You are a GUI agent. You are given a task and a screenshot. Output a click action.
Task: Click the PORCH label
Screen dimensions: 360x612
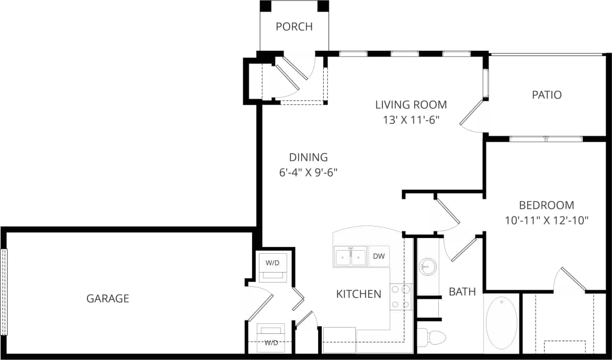tap(294, 27)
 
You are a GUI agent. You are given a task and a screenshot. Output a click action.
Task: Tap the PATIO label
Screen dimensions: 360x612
tap(547, 95)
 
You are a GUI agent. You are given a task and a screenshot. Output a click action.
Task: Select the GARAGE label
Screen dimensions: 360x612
tap(107, 299)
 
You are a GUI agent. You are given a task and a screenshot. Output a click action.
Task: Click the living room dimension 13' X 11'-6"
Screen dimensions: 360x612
tap(410, 120)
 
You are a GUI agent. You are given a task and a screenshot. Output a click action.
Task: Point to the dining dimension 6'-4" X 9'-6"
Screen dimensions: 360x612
tap(308, 172)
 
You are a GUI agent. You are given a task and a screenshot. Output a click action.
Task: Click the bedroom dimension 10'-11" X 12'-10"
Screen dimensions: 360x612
tap(547, 220)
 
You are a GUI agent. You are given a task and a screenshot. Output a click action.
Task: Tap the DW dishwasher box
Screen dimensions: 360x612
tap(379, 256)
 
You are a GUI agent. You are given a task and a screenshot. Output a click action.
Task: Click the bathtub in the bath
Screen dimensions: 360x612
tap(501, 323)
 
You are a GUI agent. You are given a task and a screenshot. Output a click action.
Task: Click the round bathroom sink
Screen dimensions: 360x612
tap(427, 267)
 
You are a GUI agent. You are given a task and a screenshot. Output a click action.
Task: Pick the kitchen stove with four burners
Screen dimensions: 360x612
tap(401, 297)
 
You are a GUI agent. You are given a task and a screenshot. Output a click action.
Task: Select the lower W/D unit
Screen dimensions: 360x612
tap(271, 336)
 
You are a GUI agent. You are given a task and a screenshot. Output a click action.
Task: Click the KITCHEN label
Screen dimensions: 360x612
tap(358, 294)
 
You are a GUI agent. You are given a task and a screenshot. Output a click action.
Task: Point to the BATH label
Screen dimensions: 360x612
tap(462, 291)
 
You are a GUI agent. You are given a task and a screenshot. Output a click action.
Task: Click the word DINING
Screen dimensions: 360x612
tap(308, 157)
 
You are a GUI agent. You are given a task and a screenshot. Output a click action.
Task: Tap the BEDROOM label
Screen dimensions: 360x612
tap(547, 205)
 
